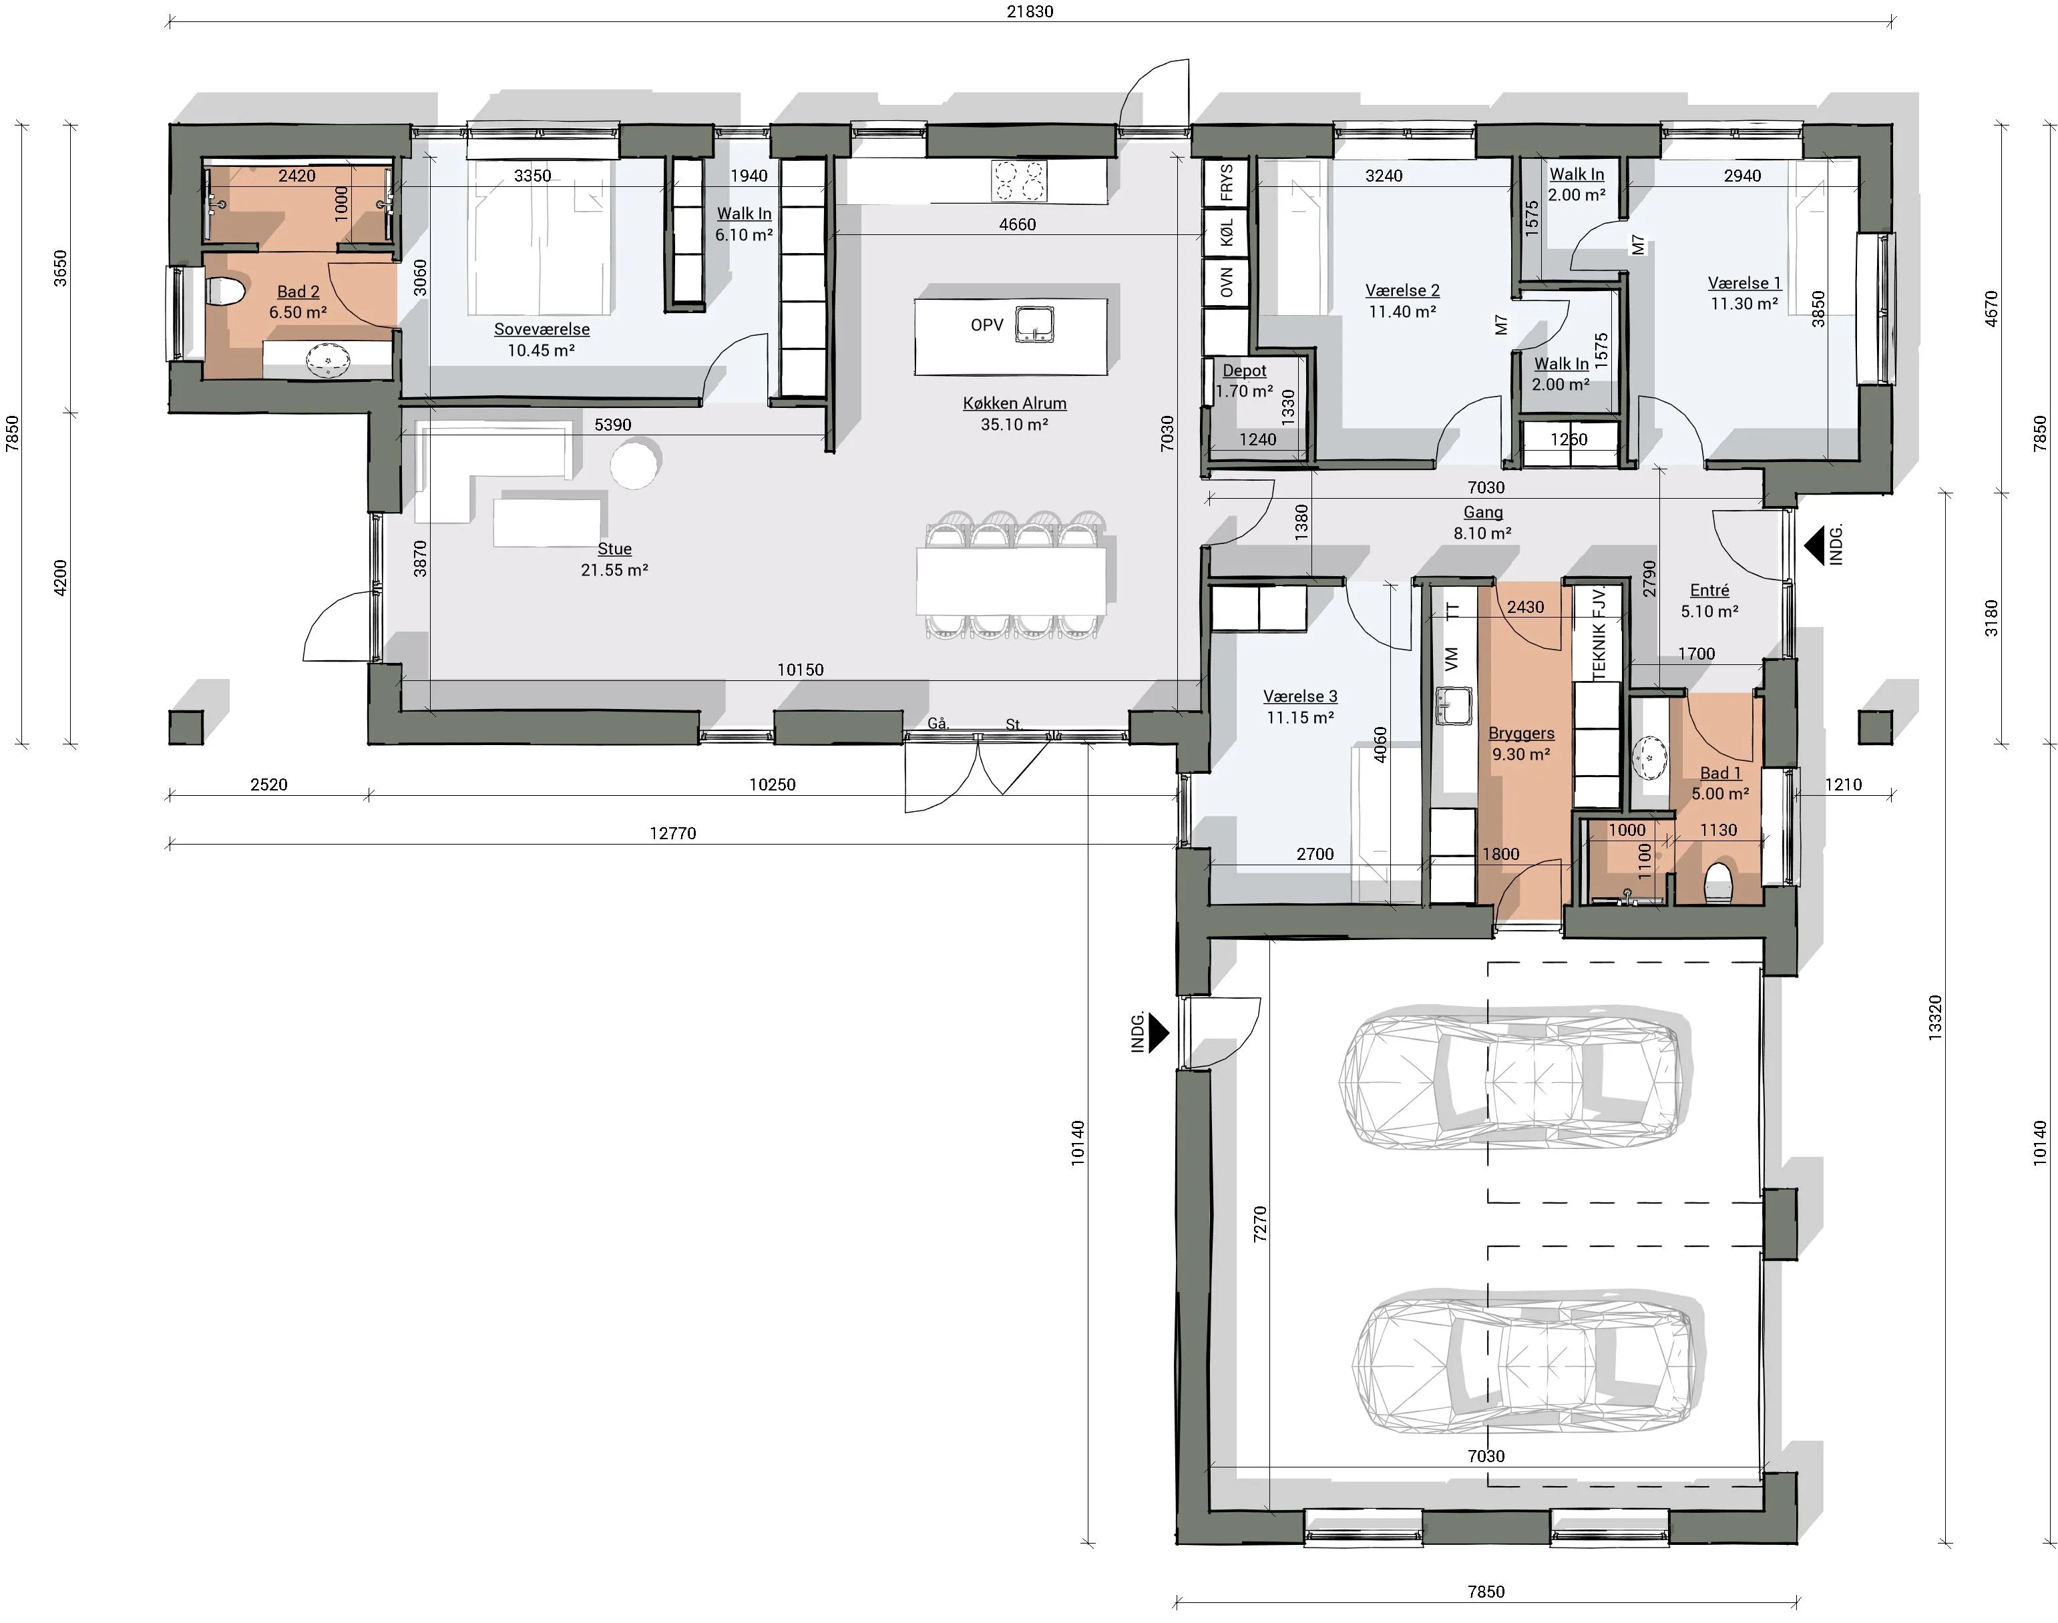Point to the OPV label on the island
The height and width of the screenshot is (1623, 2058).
[x=987, y=325]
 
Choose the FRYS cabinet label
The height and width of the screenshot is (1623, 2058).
[x=1227, y=182]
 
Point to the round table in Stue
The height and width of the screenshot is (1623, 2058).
[x=634, y=463]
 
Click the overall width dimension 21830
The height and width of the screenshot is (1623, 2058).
[x=1030, y=11]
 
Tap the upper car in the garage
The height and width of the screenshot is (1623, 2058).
[x=1516, y=1078]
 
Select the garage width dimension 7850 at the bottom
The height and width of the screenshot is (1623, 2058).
[x=1486, y=1592]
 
